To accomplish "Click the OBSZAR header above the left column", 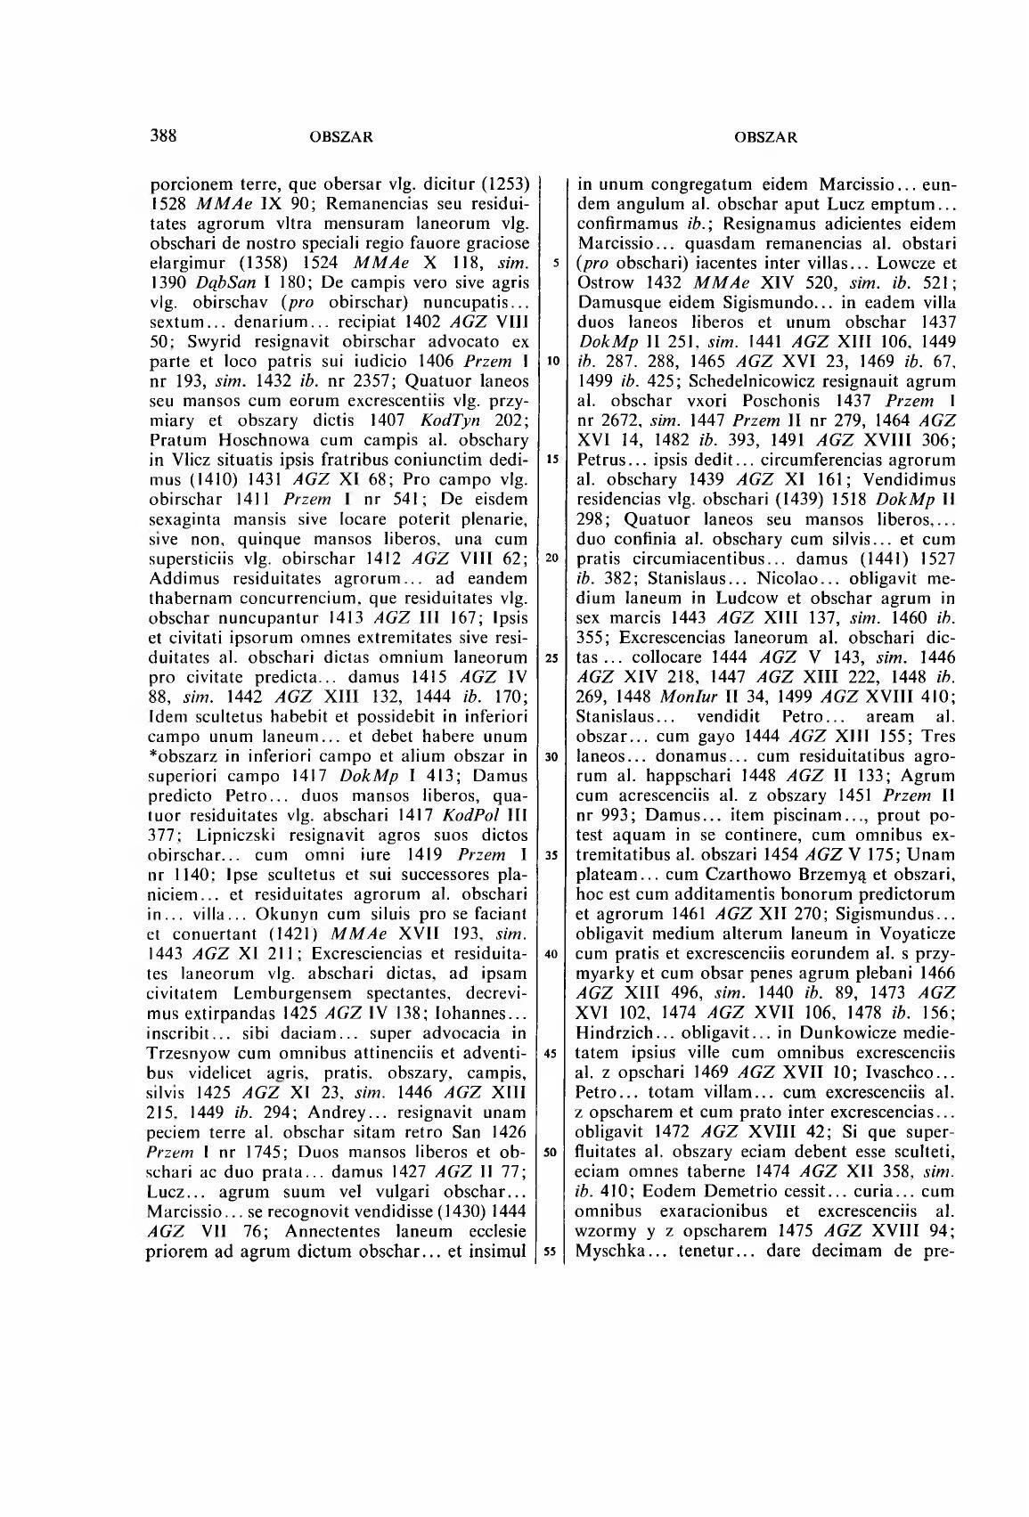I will click(339, 137).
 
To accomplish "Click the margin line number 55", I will click(552, 1251).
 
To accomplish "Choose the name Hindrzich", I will click(617, 1032).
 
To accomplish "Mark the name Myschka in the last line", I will click(609, 1250).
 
